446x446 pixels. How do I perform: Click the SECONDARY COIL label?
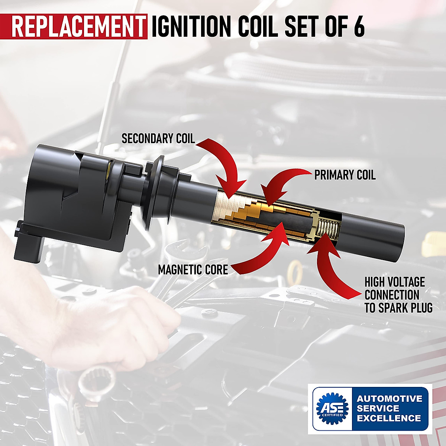point(158,139)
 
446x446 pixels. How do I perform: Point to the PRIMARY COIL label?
point(345,175)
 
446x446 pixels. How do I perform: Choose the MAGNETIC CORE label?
point(193,269)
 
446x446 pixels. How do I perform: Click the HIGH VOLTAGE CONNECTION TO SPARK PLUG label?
point(398,295)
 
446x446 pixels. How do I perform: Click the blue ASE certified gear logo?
point(332,408)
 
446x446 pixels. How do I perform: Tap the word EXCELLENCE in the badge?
point(389,418)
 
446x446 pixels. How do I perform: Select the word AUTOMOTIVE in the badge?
point(390,399)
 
